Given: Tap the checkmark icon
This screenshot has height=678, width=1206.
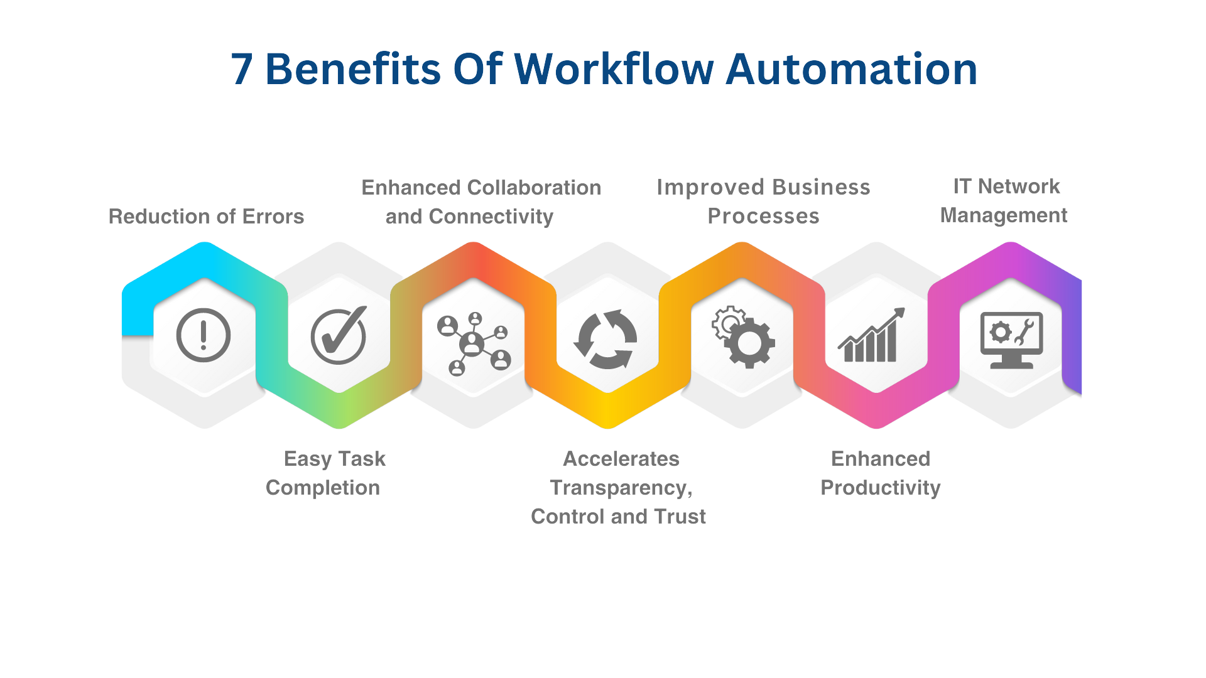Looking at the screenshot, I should (339, 335).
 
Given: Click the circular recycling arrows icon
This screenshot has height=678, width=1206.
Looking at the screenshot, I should (606, 339).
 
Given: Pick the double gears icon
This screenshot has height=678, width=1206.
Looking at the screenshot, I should (743, 336).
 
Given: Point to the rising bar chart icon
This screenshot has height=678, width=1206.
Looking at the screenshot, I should (871, 336).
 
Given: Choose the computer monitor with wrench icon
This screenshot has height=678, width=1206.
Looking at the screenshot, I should (1011, 340).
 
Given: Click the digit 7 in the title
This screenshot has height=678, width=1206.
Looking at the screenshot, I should (239, 70).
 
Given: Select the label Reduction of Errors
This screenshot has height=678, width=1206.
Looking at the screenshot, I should (207, 217).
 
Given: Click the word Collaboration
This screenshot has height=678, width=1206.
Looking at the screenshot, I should (534, 188).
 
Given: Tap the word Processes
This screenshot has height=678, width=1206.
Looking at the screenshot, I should (763, 216).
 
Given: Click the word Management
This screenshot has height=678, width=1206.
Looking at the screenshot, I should (1004, 215).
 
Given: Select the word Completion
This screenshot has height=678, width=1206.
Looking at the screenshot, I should (323, 488).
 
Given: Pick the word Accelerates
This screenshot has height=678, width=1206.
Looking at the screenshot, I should (621, 459).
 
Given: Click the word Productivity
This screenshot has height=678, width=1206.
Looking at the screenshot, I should (881, 488).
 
